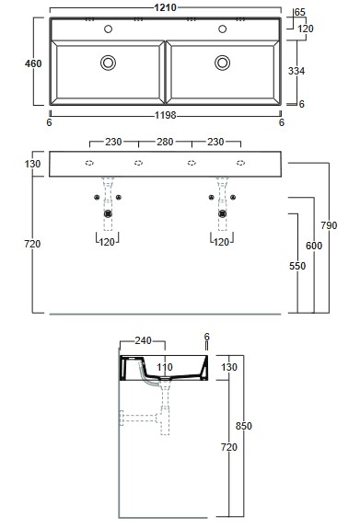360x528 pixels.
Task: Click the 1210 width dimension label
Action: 165,7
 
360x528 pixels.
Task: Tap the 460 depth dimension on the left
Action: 33,63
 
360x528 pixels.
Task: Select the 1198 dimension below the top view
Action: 165,115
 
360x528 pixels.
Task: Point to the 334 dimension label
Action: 296,71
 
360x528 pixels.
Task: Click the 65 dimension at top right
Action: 299,12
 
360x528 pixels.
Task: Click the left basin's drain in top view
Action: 109,63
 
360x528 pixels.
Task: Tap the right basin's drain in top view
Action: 223,63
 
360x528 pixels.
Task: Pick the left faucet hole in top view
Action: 109,29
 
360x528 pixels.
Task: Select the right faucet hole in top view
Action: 223,29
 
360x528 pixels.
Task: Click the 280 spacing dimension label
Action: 165,142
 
